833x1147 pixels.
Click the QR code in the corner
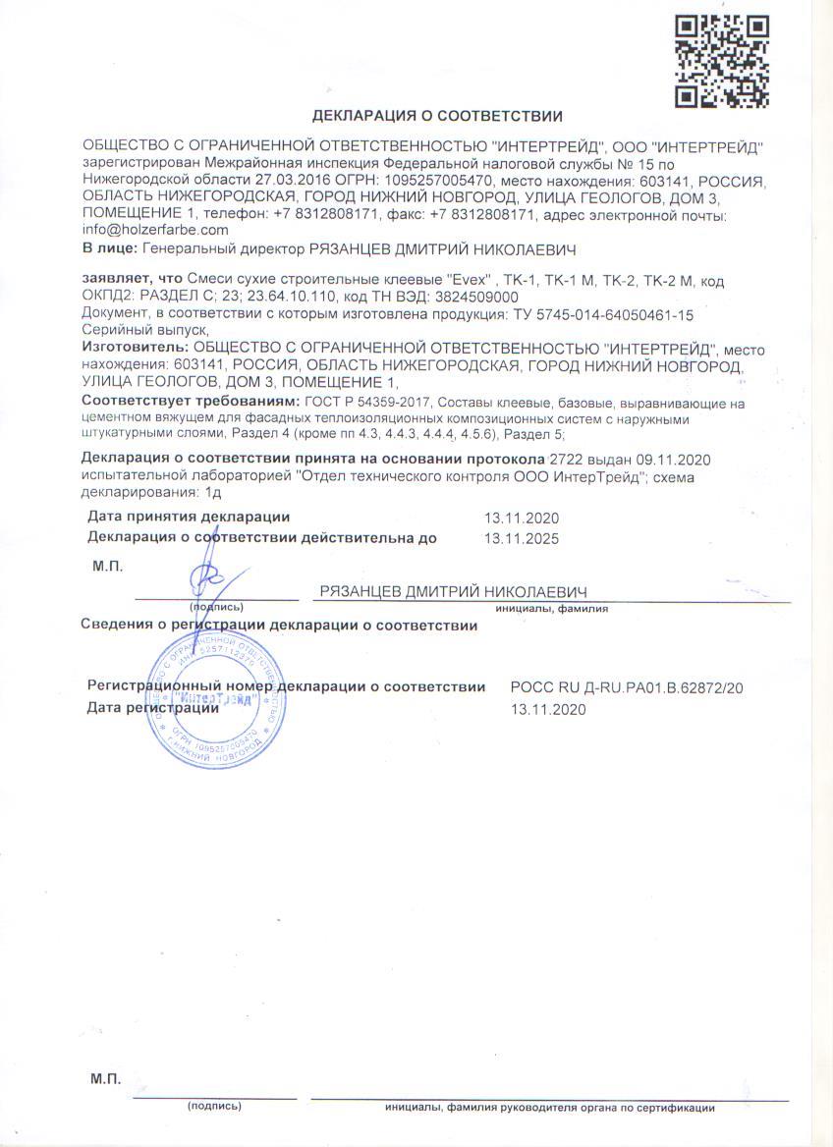pyautogui.click(x=721, y=61)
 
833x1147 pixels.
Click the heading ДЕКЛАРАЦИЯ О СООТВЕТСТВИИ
pyautogui.click(x=437, y=115)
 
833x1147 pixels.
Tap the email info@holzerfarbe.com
pyautogui.click(x=155, y=229)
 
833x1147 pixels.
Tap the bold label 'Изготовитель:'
pyautogui.click(x=136, y=349)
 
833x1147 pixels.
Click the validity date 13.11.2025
pyautogui.click(x=522, y=537)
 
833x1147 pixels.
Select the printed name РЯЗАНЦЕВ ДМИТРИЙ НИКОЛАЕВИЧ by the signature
pyautogui.click(x=453, y=591)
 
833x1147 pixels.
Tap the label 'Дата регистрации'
pyautogui.click(x=153, y=707)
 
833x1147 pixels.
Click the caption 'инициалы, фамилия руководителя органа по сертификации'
pyautogui.click(x=549, y=1108)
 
